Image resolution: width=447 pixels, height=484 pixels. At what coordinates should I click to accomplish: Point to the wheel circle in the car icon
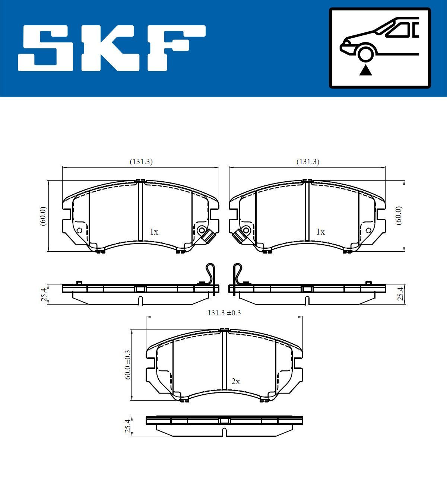(365, 53)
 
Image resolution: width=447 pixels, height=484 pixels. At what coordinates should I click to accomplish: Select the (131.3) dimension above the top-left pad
(141, 162)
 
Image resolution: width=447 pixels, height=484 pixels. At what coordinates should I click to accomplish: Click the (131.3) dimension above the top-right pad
(308, 162)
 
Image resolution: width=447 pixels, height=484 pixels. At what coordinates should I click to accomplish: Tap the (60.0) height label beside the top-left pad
(43, 216)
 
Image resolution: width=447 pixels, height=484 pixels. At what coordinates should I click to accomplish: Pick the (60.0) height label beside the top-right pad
(399, 215)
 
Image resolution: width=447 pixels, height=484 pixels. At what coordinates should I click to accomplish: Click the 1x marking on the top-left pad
(154, 232)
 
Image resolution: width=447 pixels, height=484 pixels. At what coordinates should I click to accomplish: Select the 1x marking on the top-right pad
(320, 232)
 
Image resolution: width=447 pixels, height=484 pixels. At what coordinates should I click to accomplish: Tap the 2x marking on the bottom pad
(236, 382)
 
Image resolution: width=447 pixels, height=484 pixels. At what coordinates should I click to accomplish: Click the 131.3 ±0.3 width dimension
(224, 313)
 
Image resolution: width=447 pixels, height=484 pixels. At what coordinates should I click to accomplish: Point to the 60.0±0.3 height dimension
(127, 364)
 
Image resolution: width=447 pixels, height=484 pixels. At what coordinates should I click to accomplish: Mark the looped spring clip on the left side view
(211, 276)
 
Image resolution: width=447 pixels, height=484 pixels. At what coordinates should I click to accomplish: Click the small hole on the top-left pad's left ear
(79, 230)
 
